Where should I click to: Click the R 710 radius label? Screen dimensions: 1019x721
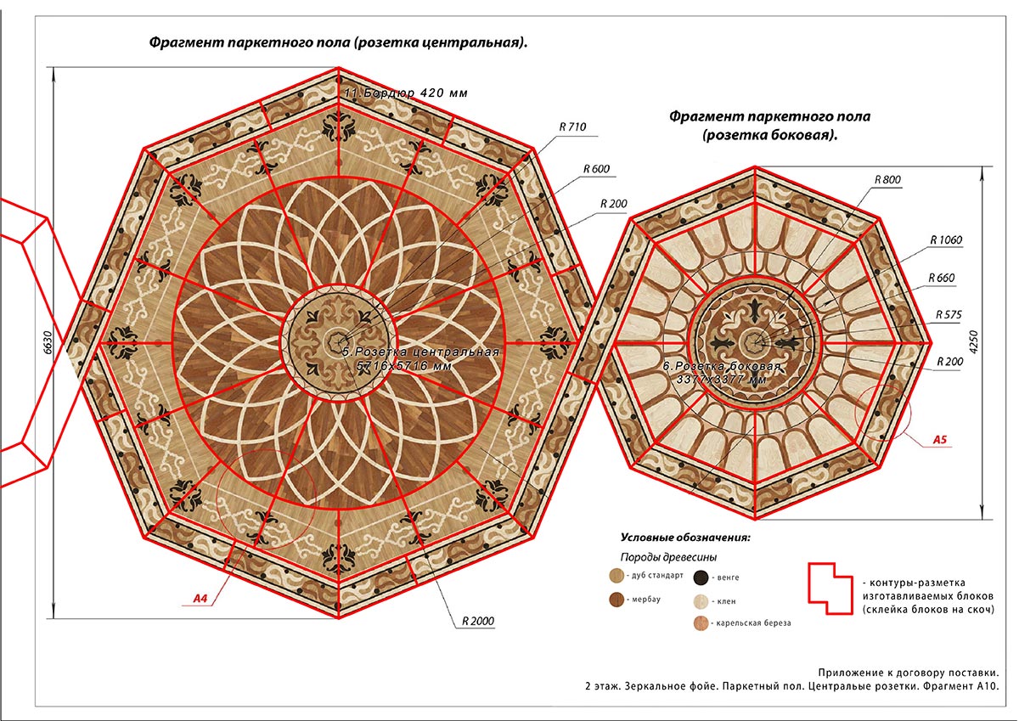pyautogui.click(x=572, y=127)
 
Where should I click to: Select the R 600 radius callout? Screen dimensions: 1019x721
pyautogui.click(x=596, y=169)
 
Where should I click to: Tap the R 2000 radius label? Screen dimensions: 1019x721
pyautogui.click(x=477, y=621)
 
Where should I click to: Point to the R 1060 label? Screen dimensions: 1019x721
pyautogui.click(x=946, y=239)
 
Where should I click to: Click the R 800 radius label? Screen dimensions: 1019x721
pyautogui.click(x=887, y=180)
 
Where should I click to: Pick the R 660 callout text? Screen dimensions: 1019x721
pyautogui.click(x=941, y=278)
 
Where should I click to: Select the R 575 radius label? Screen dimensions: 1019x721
pyautogui.click(x=949, y=314)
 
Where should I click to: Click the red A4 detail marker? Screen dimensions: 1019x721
pyautogui.click(x=200, y=598)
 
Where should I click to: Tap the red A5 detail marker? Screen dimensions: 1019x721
pyautogui.click(x=940, y=439)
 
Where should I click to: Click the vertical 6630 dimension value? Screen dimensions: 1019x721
pyautogui.click(x=48, y=342)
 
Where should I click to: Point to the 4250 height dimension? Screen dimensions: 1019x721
pyautogui.click(x=973, y=342)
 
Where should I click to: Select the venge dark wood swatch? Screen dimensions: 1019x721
pyautogui.click(x=701, y=577)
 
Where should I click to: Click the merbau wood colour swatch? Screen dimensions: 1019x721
pyautogui.click(x=616, y=599)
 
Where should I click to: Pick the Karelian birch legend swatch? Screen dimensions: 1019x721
pyautogui.click(x=701, y=622)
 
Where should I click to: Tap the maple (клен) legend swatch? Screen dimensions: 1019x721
pyautogui.click(x=701, y=601)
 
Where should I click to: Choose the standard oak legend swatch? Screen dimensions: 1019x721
pyautogui.click(x=616, y=576)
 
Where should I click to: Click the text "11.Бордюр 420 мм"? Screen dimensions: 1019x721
pyautogui.click(x=406, y=93)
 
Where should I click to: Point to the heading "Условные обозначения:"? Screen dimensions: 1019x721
pyautogui.click(x=685, y=538)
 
